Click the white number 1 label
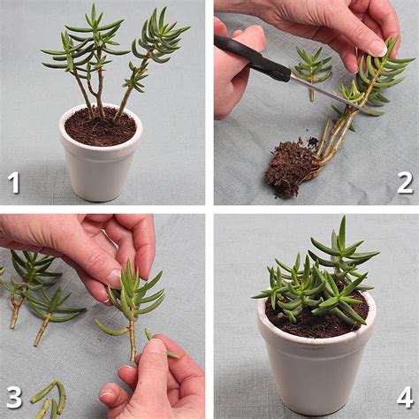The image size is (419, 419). pyautogui.click(x=14, y=182)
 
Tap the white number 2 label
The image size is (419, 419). pyautogui.click(x=405, y=182)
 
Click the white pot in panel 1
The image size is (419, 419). pyautogui.click(x=99, y=168)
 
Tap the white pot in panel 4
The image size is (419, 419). pyautogui.click(x=316, y=362)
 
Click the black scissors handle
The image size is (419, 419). pyautogui.click(x=252, y=58)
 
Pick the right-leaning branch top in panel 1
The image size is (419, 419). pyautogui.click(x=159, y=35)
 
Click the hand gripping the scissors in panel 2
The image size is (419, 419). pyautogui.click(x=237, y=66)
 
